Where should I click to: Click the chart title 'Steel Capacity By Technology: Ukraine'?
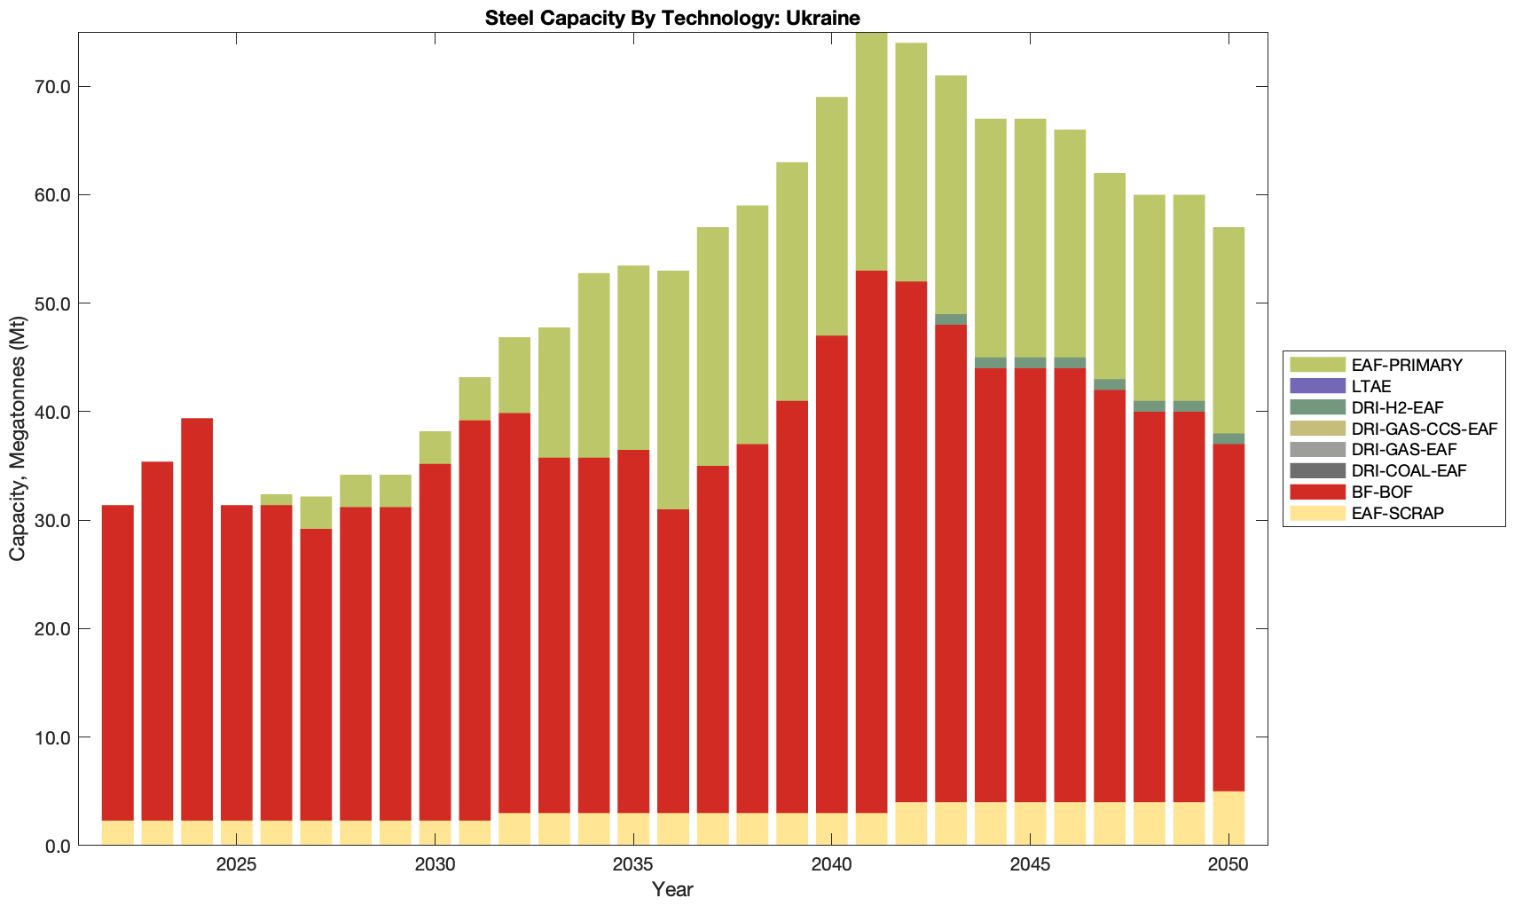(672, 18)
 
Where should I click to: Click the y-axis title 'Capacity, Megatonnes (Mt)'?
(18, 439)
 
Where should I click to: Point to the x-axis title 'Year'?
(672, 889)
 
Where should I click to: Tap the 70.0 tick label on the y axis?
(52, 87)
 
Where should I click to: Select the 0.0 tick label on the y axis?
(57, 846)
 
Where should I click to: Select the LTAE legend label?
(1370, 386)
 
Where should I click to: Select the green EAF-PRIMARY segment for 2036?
(673, 390)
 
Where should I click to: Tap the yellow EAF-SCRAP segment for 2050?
(1228, 818)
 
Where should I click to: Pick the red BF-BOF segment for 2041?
(872, 541)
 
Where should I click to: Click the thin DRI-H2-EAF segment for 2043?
(951, 319)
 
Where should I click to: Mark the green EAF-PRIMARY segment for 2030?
(435, 447)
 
